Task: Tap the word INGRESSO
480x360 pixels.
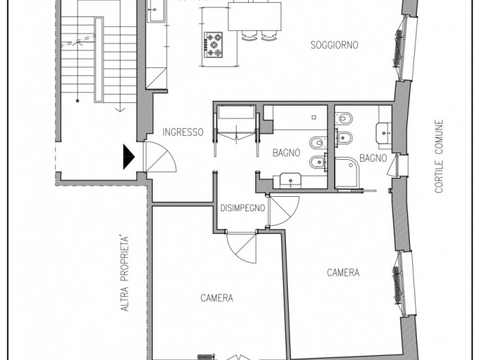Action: [x=183, y=132]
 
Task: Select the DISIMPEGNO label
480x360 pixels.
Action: [x=243, y=208]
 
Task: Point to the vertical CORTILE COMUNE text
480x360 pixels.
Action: [x=440, y=156]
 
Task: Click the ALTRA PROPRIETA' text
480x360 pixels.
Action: [x=125, y=274]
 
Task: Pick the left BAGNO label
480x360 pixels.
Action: [x=286, y=153]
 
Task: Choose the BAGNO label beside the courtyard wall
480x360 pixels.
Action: [x=373, y=158]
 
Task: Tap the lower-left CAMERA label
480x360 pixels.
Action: [x=217, y=298]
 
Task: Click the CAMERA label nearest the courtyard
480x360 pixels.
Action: [x=343, y=272]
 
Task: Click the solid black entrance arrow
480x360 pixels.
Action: [x=128, y=157]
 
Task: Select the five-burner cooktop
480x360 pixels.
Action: [x=213, y=45]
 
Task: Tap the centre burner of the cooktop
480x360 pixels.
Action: [x=213, y=45]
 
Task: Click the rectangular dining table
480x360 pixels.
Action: [x=254, y=16]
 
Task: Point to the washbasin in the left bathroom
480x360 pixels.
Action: [x=290, y=180]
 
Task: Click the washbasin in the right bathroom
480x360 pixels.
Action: [x=383, y=132]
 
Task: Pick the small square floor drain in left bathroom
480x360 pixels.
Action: [x=314, y=117]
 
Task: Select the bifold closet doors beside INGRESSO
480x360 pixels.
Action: [x=237, y=135]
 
